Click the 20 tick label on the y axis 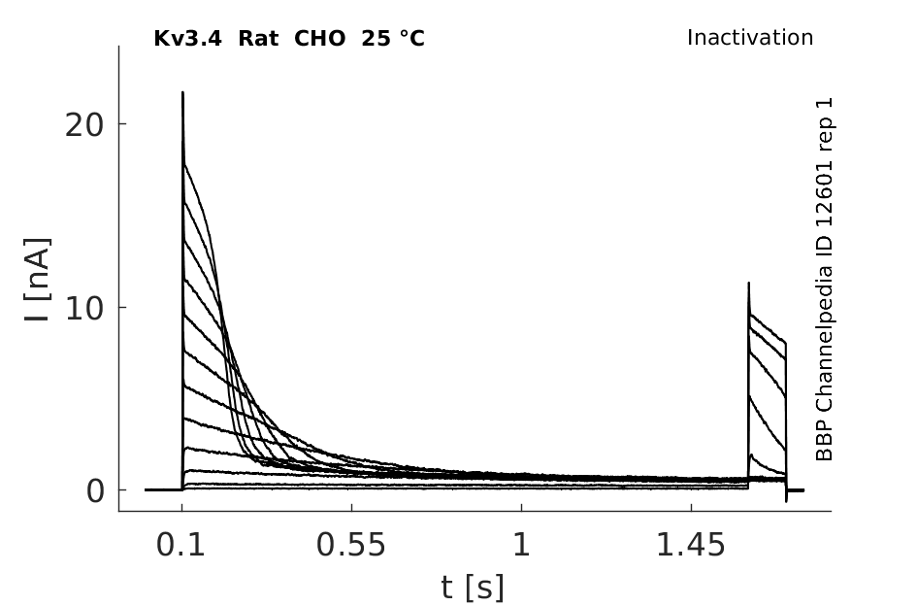tap(83, 124)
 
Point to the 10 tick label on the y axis tap(83, 308)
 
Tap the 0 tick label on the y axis tap(95, 491)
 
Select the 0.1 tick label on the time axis tap(180, 545)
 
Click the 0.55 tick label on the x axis tap(351, 545)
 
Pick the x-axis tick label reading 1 tap(522, 545)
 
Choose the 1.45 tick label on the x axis tap(691, 545)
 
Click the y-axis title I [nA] tap(38, 280)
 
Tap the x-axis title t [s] tap(473, 588)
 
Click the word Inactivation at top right tap(750, 38)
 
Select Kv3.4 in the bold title tap(187, 39)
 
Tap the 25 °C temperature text tap(393, 39)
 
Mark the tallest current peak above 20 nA tap(182, 92)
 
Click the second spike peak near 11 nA tap(748, 284)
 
